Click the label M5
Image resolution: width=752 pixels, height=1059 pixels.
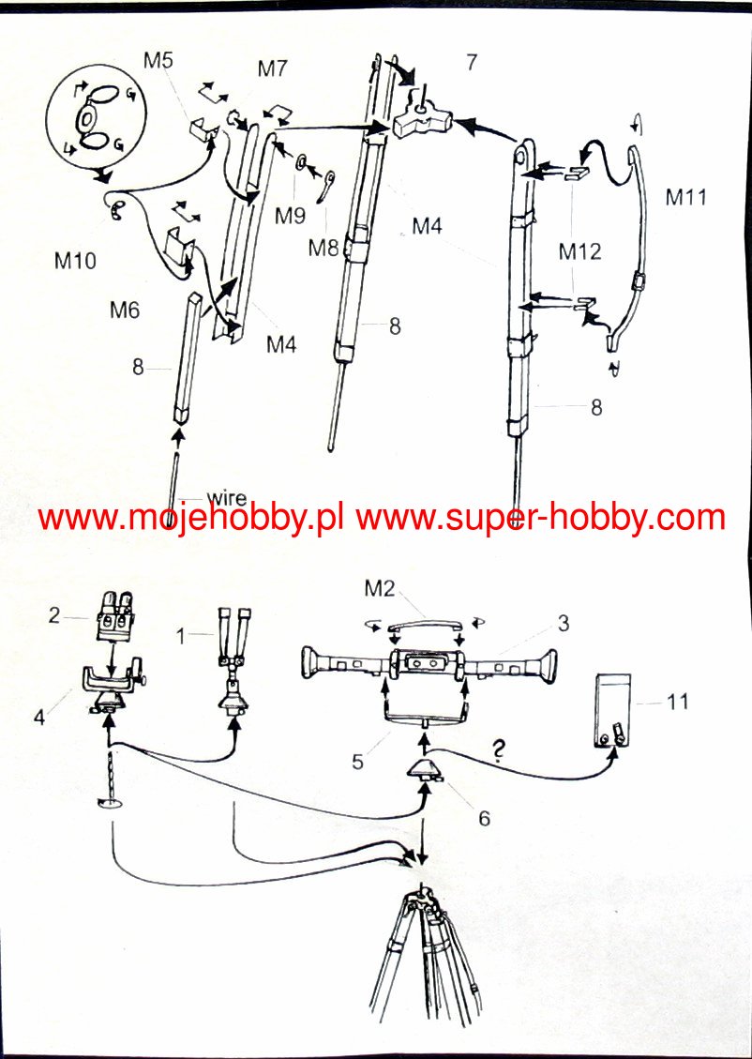(158, 60)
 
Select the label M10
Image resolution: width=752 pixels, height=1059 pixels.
(75, 261)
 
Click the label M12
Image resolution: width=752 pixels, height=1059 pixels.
(579, 251)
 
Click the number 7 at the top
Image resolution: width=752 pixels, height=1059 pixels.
(471, 63)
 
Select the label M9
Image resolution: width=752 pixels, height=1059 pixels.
(290, 216)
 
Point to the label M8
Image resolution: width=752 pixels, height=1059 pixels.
(324, 248)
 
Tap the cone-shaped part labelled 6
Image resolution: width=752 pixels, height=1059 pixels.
(425, 772)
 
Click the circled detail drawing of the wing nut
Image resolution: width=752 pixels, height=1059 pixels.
(94, 119)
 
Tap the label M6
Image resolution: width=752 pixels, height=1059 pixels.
(124, 309)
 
